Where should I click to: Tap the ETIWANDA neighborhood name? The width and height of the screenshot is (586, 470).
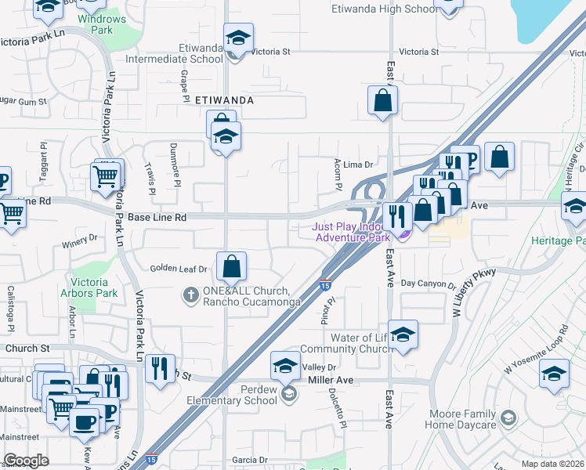click(224, 100)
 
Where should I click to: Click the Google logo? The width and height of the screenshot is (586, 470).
click(26, 461)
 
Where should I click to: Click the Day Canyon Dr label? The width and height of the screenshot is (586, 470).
click(428, 285)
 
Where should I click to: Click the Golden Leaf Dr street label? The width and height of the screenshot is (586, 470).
click(179, 269)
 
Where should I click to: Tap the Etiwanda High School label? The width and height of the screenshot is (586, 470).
click(395, 9)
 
